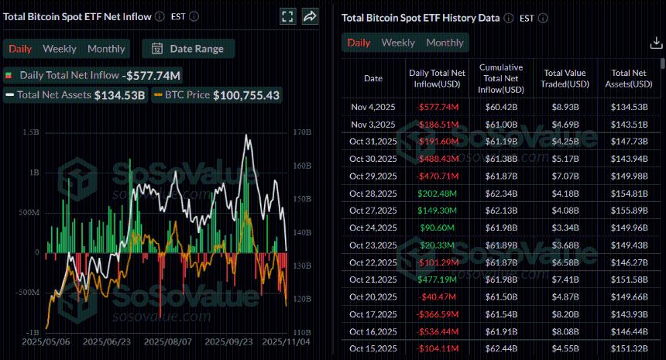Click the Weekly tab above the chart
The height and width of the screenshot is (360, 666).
[60, 49]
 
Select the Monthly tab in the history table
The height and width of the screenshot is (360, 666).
[445, 43]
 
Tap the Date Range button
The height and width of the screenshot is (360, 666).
[188, 49]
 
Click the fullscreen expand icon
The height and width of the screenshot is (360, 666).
[287, 16]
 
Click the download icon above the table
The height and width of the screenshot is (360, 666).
[655, 43]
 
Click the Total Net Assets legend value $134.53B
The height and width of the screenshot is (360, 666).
[119, 95]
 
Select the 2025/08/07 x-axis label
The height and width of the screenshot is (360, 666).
[167, 341]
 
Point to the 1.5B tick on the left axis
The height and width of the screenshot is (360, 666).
[31, 132]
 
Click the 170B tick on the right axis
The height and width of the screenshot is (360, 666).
[303, 132]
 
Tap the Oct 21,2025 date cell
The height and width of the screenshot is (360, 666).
[372, 279]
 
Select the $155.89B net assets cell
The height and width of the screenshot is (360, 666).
[629, 210]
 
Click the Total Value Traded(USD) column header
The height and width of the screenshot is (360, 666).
[561, 78]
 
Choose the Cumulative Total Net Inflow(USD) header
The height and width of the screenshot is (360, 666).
[500, 78]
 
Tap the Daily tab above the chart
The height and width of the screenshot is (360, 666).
[20, 49]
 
